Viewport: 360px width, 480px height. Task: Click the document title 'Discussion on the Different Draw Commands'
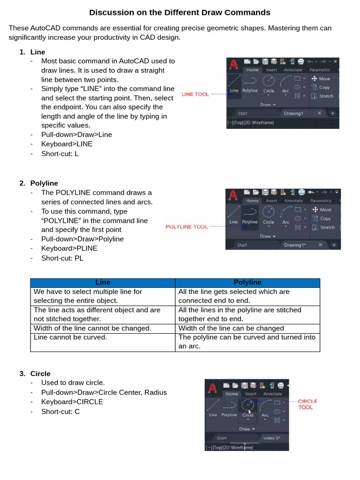click(x=180, y=12)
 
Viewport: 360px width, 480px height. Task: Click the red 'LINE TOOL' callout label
click(x=195, y=94)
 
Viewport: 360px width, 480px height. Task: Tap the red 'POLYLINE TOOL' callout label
click(x=187, y=226)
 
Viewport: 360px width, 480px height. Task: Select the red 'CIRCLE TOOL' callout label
click(x=307, y=404)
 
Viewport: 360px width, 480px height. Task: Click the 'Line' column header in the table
click(x=103, y=283)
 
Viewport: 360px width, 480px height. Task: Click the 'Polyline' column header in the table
click(x=247, y=283)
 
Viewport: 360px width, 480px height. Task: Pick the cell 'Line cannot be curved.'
click(x=70, y=337)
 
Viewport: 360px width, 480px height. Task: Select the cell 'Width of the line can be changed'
click(x=231, y=328)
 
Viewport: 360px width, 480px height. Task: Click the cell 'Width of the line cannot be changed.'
click(x=92, y=328)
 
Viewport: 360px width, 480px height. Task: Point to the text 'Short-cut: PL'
click(x=62, y=258)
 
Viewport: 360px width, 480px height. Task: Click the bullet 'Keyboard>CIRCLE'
click(x=72, y=402)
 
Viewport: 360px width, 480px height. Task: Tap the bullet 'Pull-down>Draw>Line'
click(x=76, y=135)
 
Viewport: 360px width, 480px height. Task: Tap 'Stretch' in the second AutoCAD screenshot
click(x=326, y=227)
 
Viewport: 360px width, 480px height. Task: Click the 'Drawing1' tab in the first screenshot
click(x=294, y=113)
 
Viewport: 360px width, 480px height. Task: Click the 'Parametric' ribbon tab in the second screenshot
click(x=320, y=201)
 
